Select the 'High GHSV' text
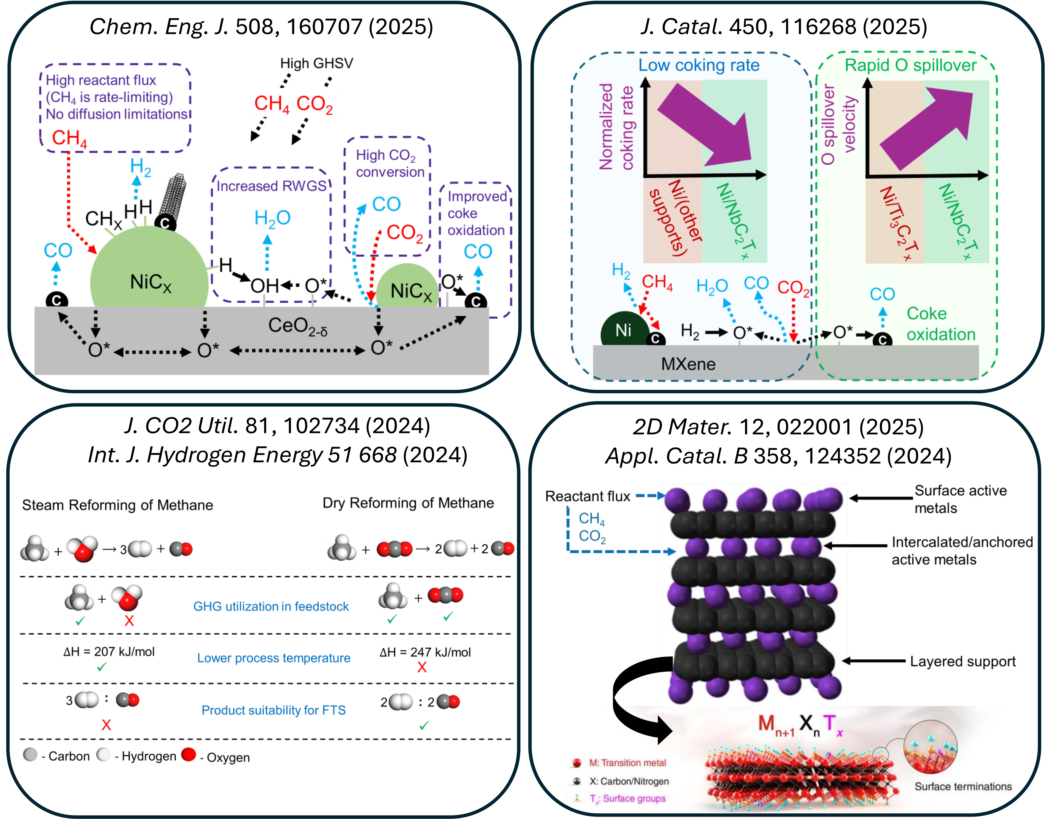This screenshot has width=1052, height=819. [x=316, y=63]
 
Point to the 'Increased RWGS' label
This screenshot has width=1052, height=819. [x=271, y=186]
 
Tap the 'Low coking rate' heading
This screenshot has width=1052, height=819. [x=699, y=65]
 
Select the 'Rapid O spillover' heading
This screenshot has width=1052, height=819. [x=910, y=65]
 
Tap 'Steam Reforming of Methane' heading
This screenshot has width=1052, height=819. [x=118, y=505]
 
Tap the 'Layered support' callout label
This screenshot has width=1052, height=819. [x=962, y=662]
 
